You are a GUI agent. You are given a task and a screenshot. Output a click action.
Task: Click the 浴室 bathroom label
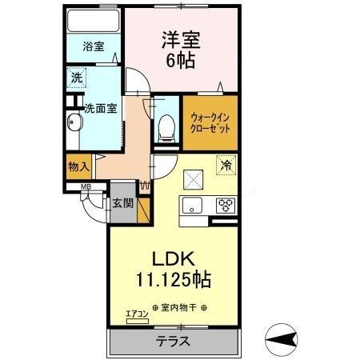click(x=93, y=47)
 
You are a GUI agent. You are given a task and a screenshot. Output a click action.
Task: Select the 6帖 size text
click(x=182, y=61)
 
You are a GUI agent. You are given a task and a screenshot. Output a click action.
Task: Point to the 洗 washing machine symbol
click(x=76, y=78)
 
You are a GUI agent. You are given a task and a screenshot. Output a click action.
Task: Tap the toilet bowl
click(x=167, y=126)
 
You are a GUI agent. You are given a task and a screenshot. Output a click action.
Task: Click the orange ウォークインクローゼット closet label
click(x=210, y=123)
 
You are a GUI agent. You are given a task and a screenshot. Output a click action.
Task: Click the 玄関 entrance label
click(x=122, y=203)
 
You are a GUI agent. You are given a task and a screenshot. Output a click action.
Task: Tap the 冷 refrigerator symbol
click(x=226, y=166)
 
